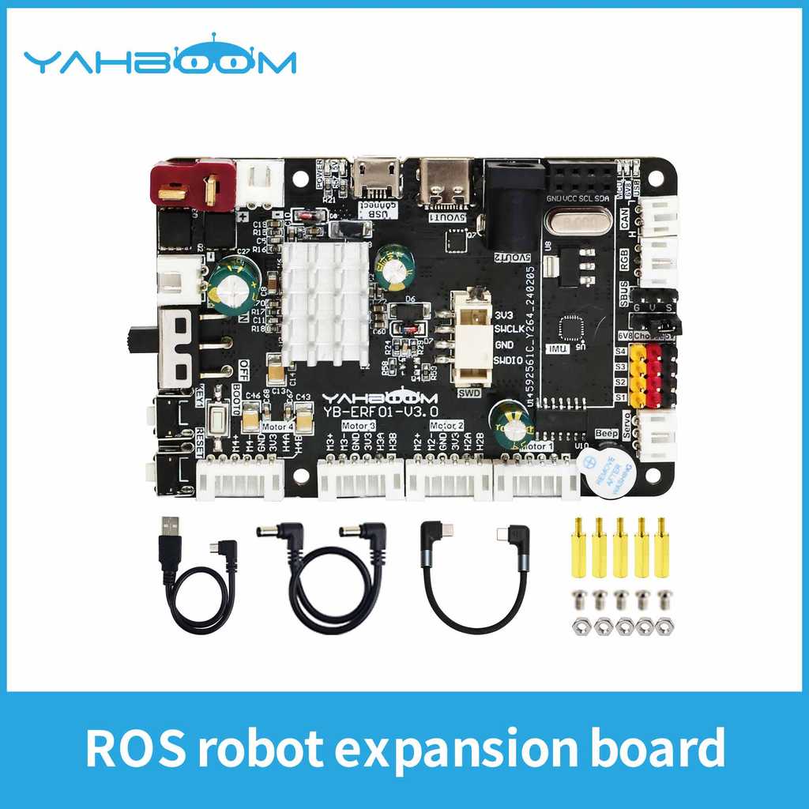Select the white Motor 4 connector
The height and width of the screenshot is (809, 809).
(240, 478)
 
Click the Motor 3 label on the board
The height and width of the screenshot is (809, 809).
(359, 425)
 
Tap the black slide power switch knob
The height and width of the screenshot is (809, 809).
(132, 338)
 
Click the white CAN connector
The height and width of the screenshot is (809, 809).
(658, 214)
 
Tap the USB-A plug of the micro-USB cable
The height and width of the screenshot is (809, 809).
(169, 542)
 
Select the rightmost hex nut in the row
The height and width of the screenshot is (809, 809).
(664, 627)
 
